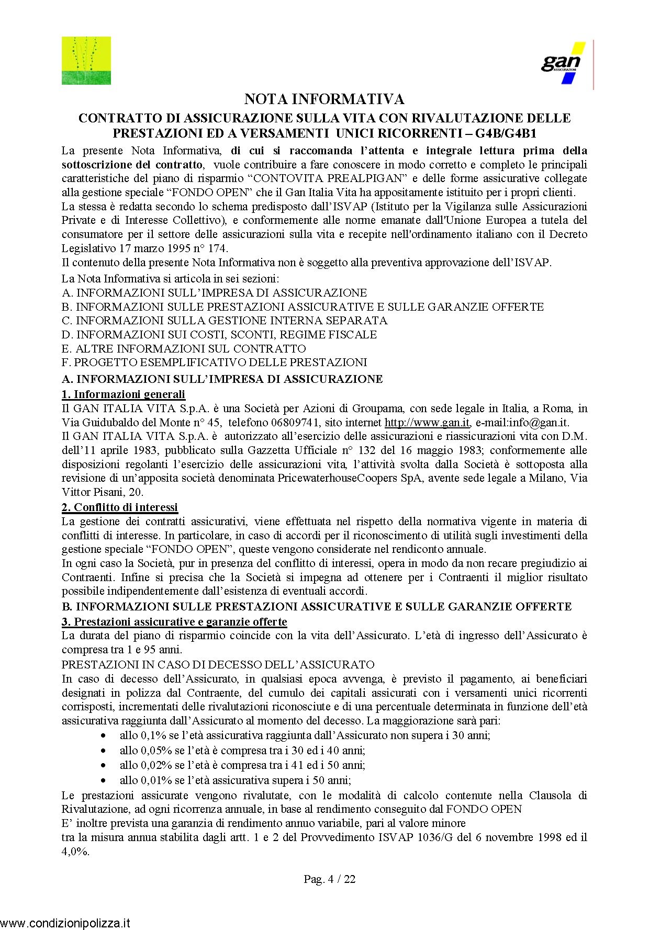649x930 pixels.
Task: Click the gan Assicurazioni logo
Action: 563,63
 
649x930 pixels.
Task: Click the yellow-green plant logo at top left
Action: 86,61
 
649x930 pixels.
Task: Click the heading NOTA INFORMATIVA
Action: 324,99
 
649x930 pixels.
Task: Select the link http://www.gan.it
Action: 427,423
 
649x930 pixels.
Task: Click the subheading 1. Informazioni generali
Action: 124,394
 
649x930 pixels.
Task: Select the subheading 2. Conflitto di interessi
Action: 120,507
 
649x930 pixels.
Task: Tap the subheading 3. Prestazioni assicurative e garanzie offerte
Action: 174,622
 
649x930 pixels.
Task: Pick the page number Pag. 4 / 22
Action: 329,879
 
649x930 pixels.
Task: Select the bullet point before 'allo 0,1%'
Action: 104,736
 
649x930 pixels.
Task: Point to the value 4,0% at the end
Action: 75,852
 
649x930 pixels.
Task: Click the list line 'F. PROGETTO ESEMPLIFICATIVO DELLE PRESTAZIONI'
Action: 215,362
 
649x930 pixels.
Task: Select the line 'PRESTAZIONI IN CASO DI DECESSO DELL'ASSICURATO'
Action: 218,665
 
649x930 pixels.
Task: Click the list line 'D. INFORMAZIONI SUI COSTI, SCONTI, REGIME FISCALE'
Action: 219,335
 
